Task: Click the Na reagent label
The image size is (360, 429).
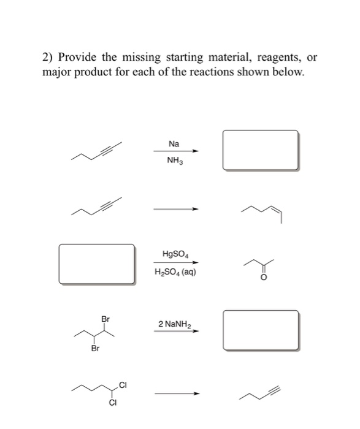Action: click(174, 144)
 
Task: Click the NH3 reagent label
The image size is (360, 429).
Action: click(175, 162)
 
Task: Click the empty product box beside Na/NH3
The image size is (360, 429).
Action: click(261, 150)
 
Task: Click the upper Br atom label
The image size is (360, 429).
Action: click(106, 319)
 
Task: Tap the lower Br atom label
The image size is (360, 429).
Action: click(95, 349)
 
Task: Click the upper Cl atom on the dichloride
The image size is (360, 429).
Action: click(123, 385)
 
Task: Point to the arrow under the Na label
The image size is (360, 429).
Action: click(176, 152)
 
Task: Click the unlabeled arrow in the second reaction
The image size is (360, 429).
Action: click(176, 209)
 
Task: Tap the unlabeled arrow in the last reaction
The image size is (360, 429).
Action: click(176, 392)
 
